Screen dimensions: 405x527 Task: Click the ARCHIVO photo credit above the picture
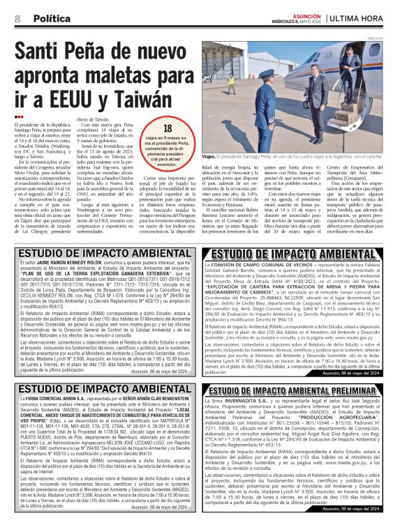click(394, 39)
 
